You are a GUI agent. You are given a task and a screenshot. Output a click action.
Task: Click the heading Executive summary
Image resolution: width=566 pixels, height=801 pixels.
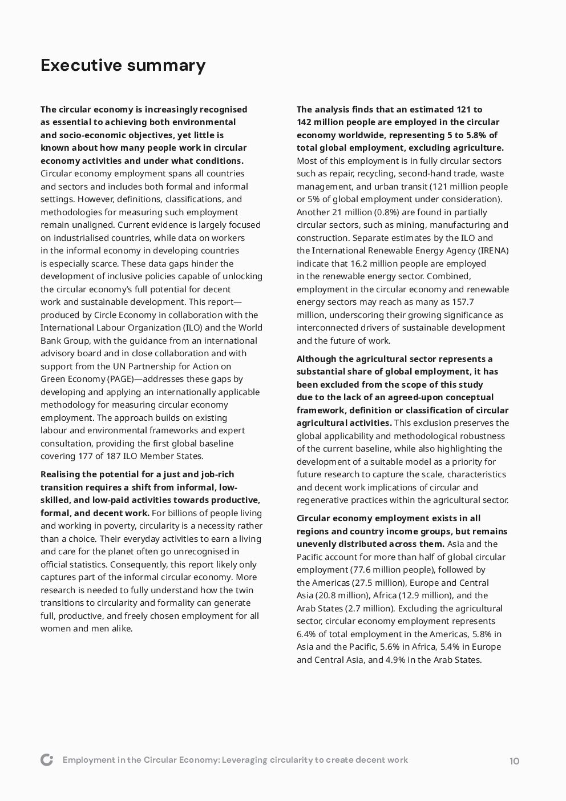coord(123,65)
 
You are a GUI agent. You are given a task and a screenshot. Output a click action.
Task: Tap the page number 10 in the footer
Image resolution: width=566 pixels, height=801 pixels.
coord(514,761)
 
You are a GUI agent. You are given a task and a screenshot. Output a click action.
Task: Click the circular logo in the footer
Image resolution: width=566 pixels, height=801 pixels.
coord(47,760)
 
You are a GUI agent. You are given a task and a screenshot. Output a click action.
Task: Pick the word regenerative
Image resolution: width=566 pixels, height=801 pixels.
coord(322,500)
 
